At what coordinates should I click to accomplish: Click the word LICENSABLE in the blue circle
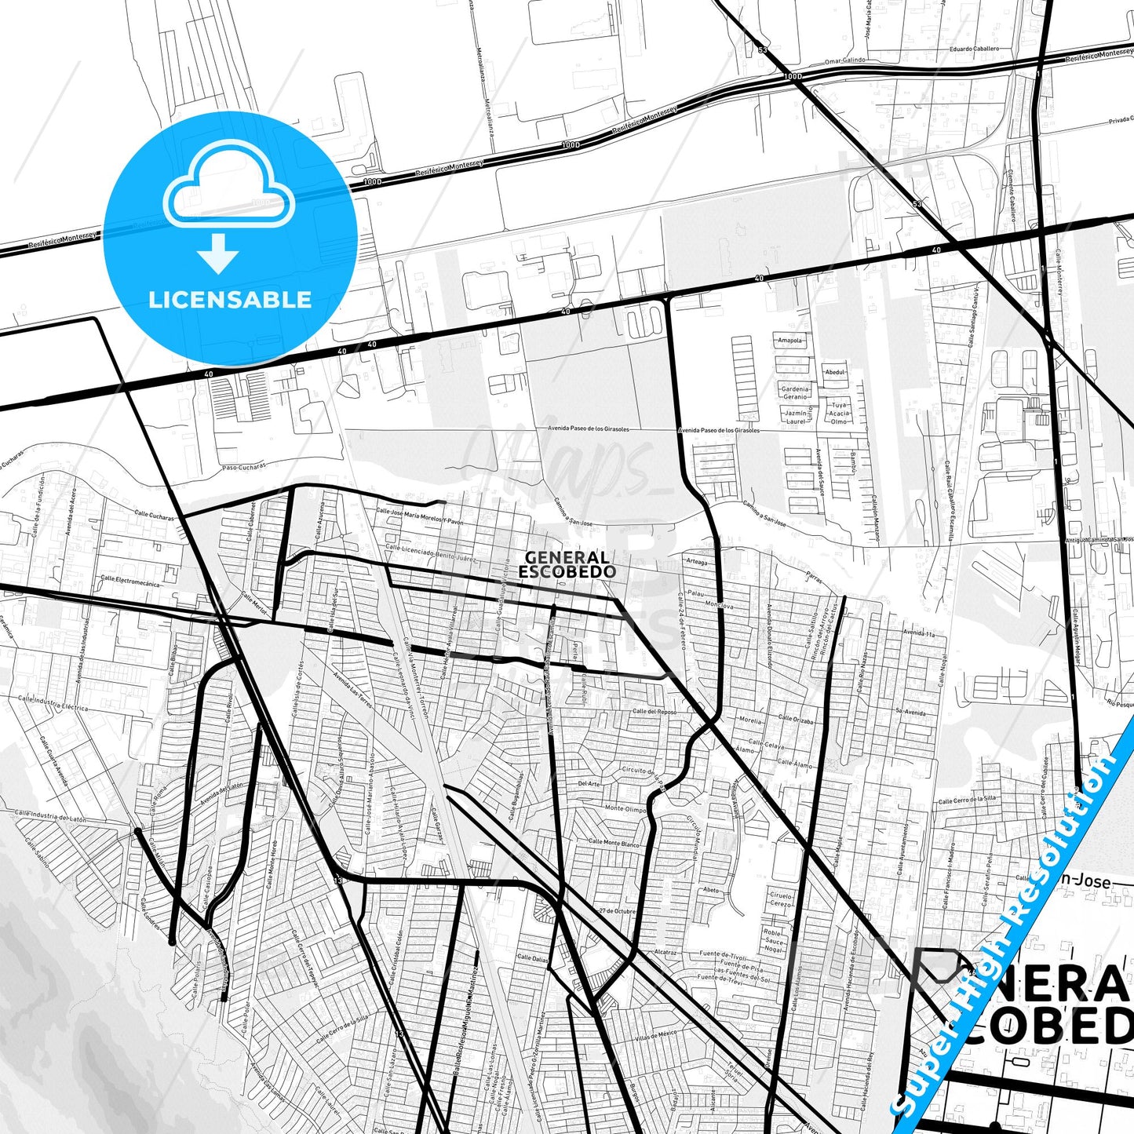(230, 300)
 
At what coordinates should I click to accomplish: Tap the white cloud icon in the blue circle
(228, 188)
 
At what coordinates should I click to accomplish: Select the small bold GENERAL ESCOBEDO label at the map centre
(567, 564)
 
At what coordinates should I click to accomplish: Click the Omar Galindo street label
(844, 60)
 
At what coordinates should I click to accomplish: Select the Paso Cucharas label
(243, 466)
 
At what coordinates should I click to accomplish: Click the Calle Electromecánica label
(129, 582)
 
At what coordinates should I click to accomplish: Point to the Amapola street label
(790, 341)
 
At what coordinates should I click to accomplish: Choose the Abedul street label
(835, 372)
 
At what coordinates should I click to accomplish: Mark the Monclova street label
(719, 606)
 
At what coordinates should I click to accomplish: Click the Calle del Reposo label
(655, 712)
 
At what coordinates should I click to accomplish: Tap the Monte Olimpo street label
(625, 808)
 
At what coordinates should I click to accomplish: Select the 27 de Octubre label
(616, 910)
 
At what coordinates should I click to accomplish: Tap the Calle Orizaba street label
(795, 719)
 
